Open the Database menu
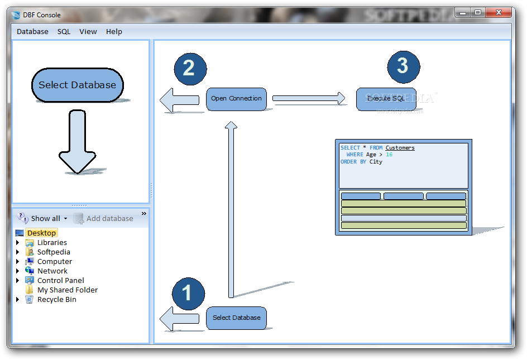[32, 32]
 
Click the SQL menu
[64, 32]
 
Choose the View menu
[88, 32]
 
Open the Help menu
[114, 32]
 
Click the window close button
[499, 12]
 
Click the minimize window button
[463, 13]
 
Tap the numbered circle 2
[190, 69]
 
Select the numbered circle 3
[403, 67]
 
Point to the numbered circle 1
[188, 294]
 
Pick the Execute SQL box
[386, 99]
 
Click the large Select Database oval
[77, 85]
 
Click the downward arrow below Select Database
[77, 142]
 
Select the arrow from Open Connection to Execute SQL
[309, 98]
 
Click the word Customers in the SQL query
[400, 147]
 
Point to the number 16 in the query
[389, 155]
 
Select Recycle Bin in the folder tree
[57, 300]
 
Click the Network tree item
[52, 271]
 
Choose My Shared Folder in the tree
[68, 290]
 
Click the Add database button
[103, 218]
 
